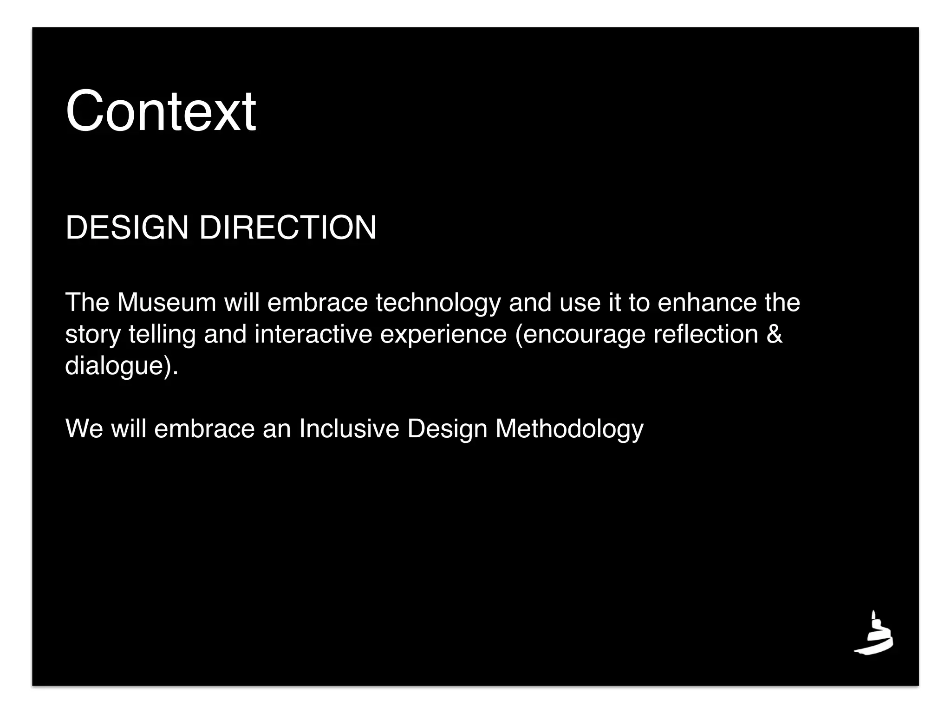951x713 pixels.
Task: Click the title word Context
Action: (161, 111)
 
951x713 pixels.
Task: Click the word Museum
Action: (167, 303)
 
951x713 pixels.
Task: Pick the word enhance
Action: (707, 303)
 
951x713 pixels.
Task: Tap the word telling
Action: (162, 335)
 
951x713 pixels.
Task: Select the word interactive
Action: (313, 334)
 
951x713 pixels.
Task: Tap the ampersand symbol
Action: (774, 334)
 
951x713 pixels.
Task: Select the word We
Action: (84, 428)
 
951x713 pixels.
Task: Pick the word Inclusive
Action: (349, 428)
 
